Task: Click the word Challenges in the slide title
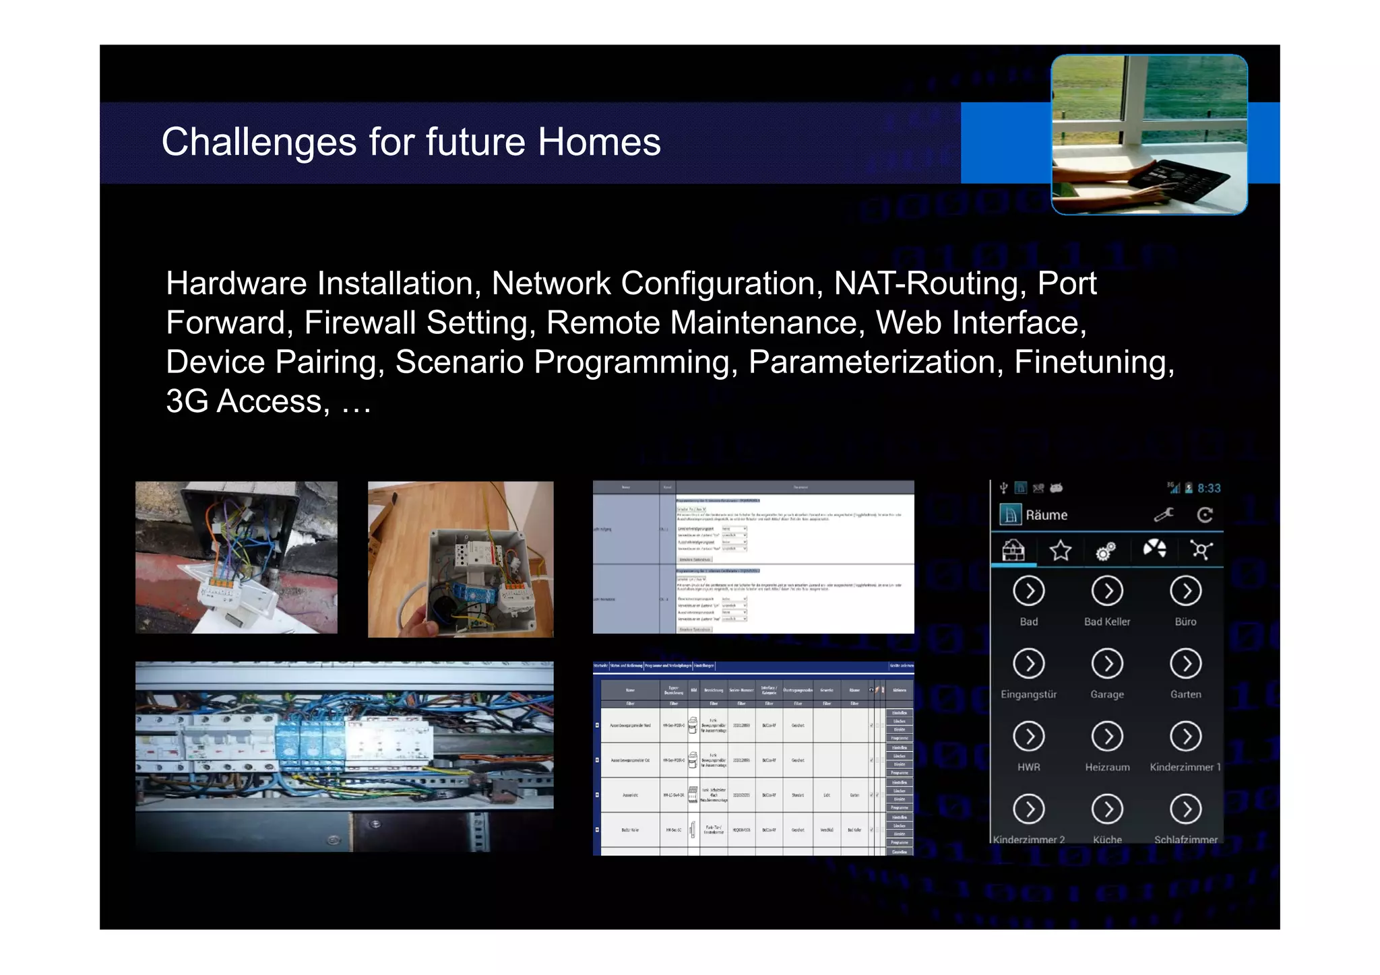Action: [259, 143]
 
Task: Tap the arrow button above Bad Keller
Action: [1107, 592]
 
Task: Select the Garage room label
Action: [1107, 694]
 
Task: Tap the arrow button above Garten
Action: [1186, 664]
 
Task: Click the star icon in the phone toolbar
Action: [1061, 551]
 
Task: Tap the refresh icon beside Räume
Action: [1205, 515]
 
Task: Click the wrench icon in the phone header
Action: [1164, 515]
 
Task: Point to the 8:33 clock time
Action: [1209, 488]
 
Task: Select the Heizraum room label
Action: [1107, 767]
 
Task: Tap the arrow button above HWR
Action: [1029, 737]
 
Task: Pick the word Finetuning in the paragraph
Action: [1094, 362]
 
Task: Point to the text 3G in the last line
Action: [187, 402]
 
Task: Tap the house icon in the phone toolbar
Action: [1013, 551]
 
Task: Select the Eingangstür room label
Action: [1029, 694]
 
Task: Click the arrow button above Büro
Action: [1186, 592]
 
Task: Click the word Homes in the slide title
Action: [599, 143]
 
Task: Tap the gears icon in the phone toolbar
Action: [1105, 551]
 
